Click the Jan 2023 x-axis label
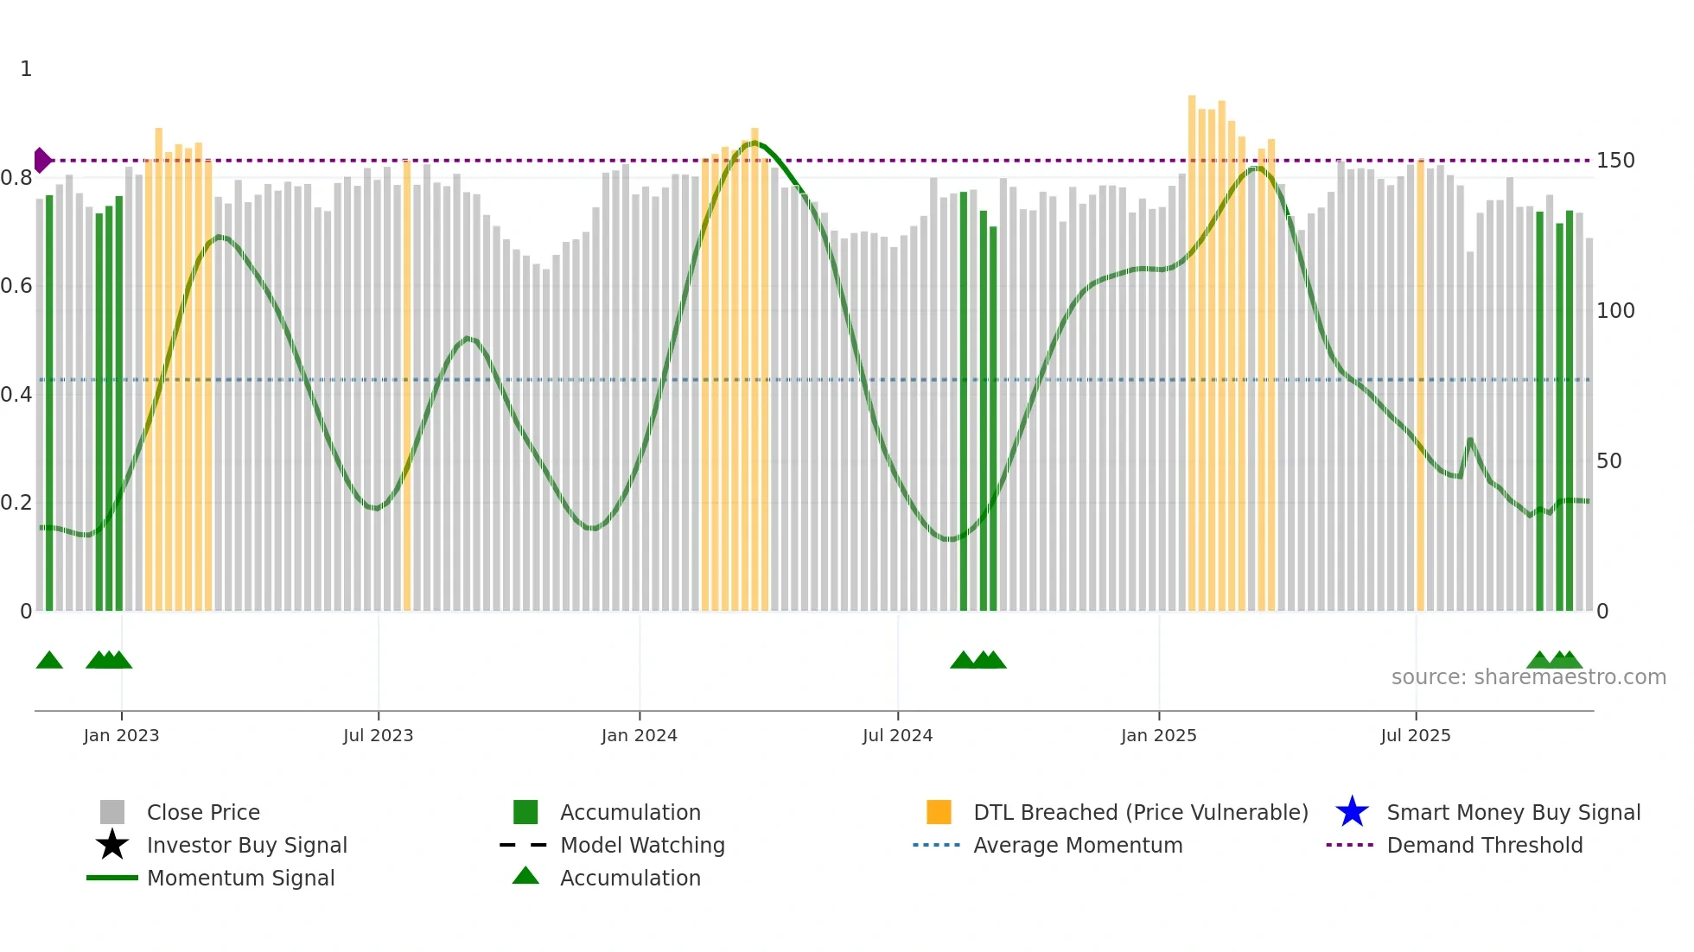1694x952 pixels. [121, 736]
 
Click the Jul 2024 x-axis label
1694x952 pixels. [897, 736]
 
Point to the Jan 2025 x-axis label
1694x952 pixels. [1158, 736]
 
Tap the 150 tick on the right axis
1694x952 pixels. [1615, 161]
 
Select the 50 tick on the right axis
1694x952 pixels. [1608, 461]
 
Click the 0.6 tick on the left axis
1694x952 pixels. [16, 286]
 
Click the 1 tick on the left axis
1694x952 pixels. [26, 69]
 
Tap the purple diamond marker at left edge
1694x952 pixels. [41, 161]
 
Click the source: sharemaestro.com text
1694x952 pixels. [1528, 677]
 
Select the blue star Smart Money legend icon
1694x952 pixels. [1352, 812]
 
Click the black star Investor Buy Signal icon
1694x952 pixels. [112, 845]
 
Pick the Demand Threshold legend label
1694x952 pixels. [1484, 845]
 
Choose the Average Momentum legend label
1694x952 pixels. [1077, 845]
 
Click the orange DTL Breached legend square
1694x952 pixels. [939, 812]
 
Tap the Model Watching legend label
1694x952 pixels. [642, 845]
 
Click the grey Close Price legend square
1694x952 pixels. [112, 812]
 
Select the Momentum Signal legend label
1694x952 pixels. [240, 878]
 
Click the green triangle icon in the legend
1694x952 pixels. [525, 876]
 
